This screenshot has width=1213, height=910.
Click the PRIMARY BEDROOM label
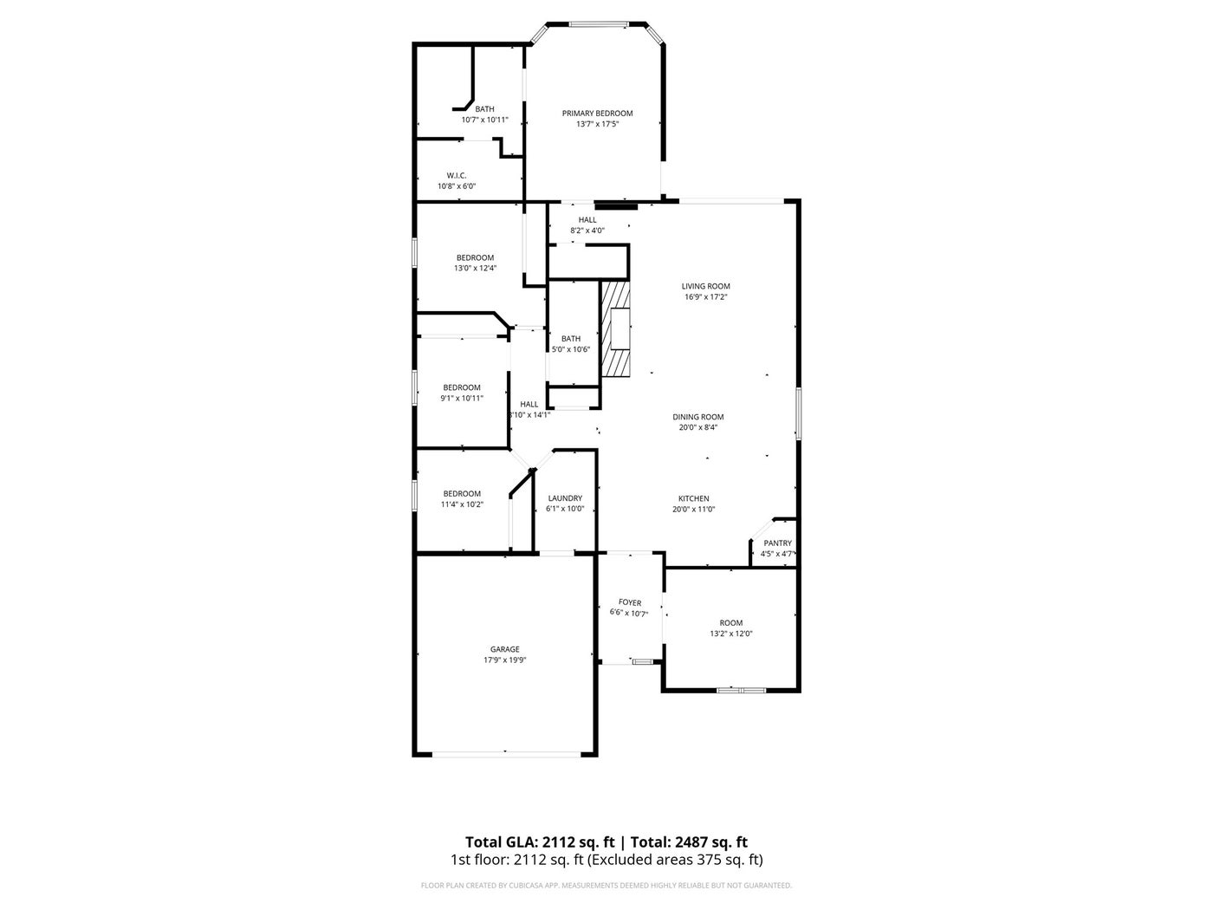[x=597, y=114]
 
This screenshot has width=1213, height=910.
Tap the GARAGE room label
[x=504, y=649]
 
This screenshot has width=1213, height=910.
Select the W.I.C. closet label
[x=457, y=176]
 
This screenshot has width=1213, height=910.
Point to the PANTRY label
[x=777, y=543]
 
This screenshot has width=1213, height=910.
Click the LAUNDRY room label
[x=565, y=497]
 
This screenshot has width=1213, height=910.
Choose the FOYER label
[x=629, y=602]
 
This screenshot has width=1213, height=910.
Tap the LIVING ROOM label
[x=705, y=286]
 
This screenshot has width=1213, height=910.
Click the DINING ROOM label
[x=698, y=417]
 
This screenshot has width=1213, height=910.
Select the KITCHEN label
[x=693, y=498]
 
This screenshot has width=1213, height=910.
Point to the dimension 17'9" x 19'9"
[x=504, y=660]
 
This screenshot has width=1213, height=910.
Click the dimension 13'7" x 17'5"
[x=597, y=124]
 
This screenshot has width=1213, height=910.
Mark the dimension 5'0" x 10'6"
[x=571, y=349]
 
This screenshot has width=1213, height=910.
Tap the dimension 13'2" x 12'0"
[x=730, y=634]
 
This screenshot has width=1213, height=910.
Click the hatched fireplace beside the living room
[x=616, y=329]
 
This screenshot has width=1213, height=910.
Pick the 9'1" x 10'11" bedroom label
[x=462, y=398]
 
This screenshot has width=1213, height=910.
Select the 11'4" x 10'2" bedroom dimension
[x=462, y=504]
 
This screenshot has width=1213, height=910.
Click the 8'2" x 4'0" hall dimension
[x=587, y=231]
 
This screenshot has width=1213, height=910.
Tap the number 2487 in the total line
[x=689, y=842]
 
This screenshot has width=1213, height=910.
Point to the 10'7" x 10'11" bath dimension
[x=484, y=120]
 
